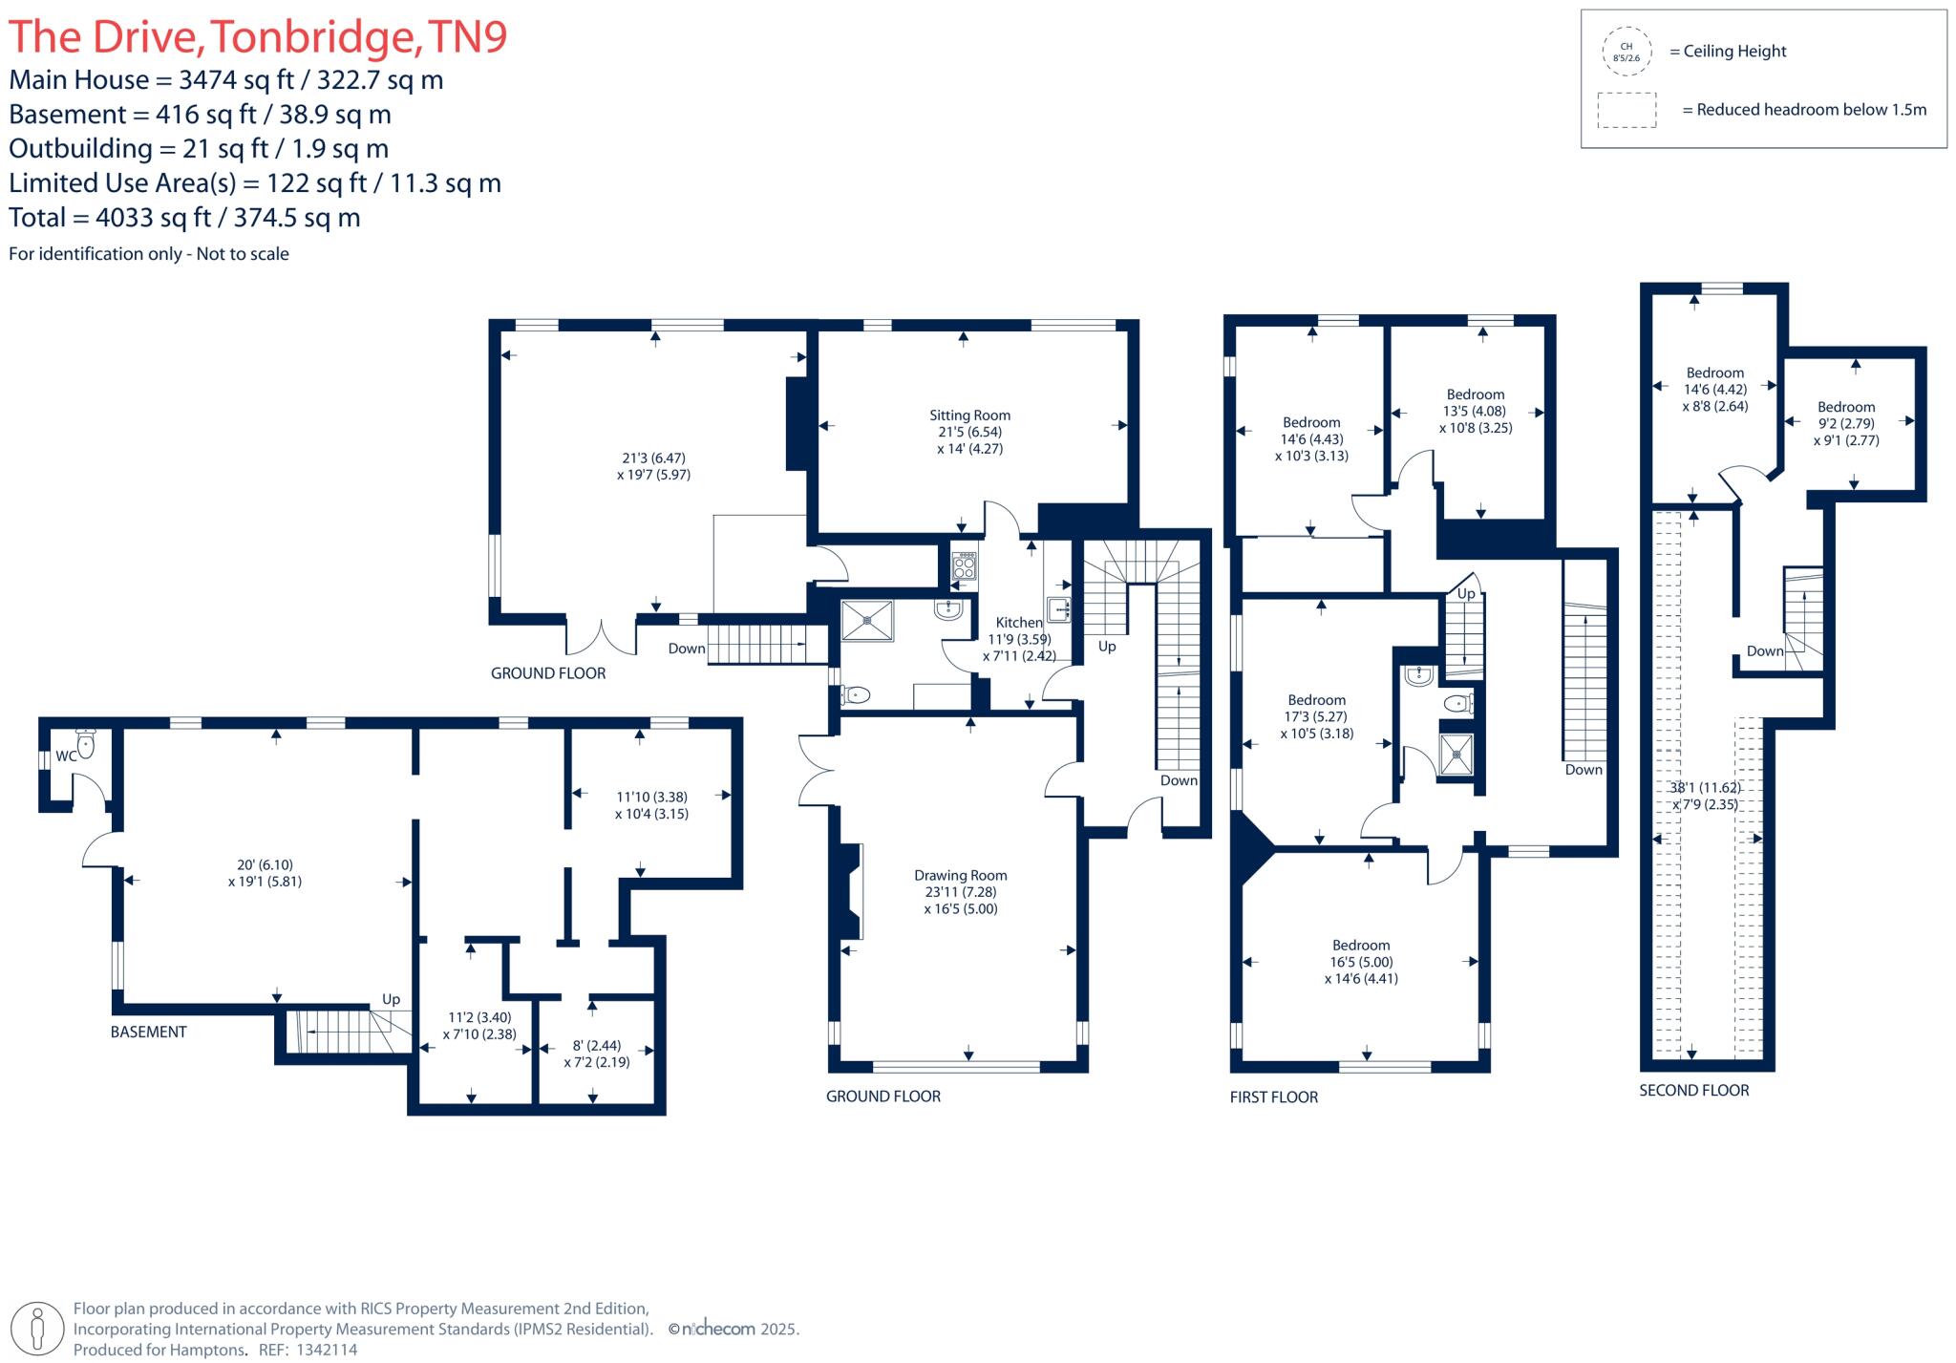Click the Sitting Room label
[x=969, y=415]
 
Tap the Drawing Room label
[x=960, y=875]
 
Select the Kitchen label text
[x=1019, y=622]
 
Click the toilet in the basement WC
[x=86, y=744]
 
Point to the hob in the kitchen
[x=964, y=566]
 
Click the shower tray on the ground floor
[x=867, y=620]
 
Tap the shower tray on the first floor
[x=1456, y=754]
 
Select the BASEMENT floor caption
[x=148, y=1032]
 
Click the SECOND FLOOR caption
[x=1693, y=1090]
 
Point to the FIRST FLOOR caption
[x=1273, y=1097]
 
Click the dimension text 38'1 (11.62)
[x=1705, y=788]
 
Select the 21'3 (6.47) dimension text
[x=653, y=458]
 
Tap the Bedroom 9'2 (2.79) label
[x=1845, y=407]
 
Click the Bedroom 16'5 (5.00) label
[x=1361, y=945]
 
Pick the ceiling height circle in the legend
[x=1626, y=52]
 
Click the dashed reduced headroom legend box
[x=1626, y=110]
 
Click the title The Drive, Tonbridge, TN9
[x=258, y=37]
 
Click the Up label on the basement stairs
[x=391, y=999]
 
